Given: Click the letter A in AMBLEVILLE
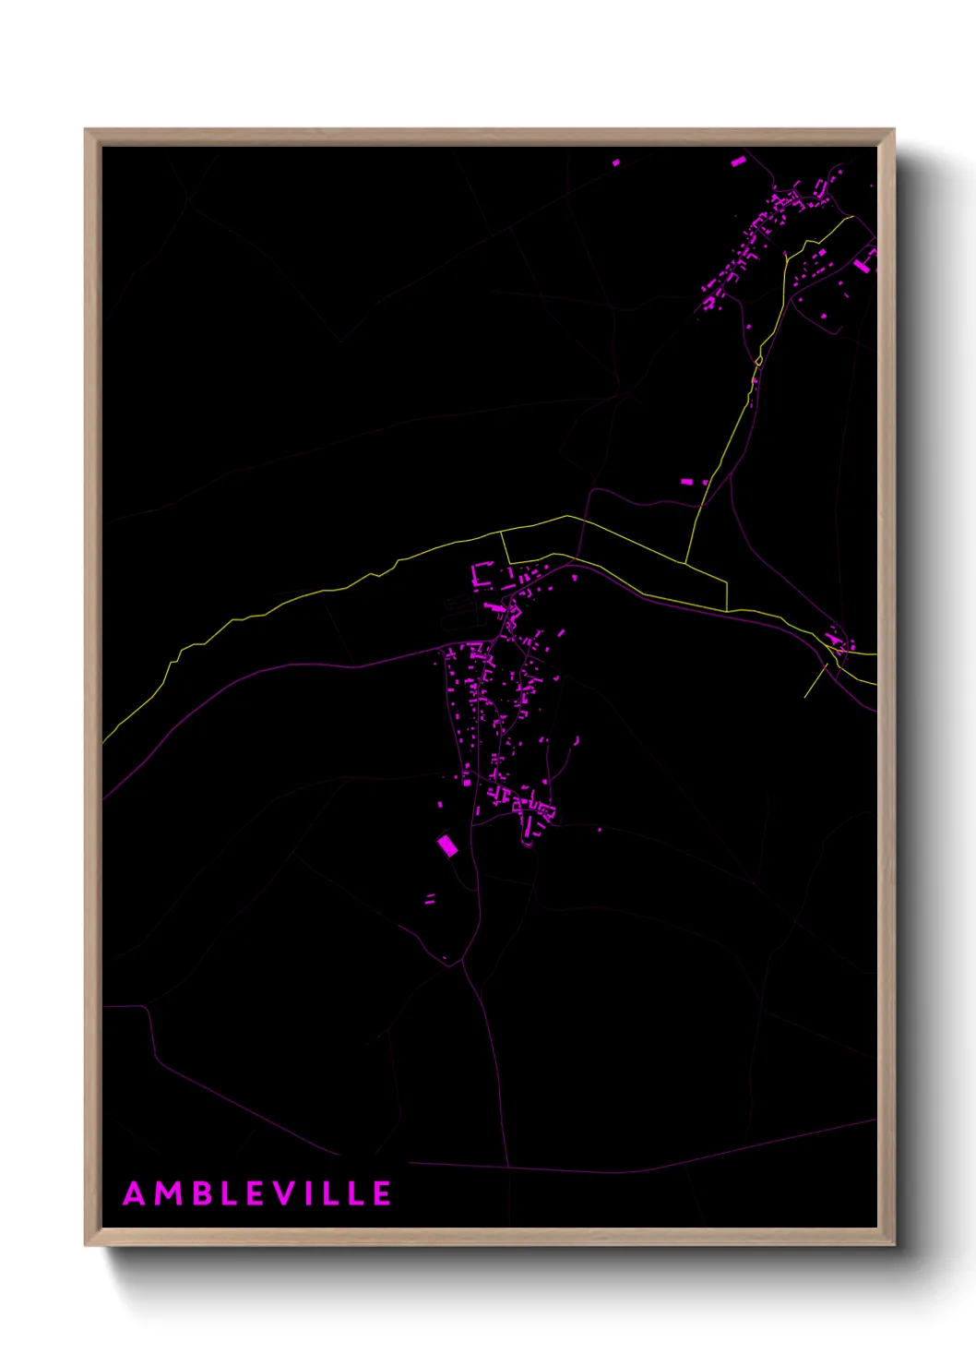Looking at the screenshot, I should [x=135, y=1194].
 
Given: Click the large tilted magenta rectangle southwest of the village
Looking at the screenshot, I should [x=447, y=845].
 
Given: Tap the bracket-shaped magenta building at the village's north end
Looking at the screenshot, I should [x=480, y=574].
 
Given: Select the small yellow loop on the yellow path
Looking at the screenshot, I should [x=759, y=360].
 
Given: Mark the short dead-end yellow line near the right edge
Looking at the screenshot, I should [x=815, y=682].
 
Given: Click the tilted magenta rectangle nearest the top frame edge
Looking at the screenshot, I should [x=738, y=162].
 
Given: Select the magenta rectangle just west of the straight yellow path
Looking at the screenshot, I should [x=686, y=482].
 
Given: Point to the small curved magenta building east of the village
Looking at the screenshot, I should [x=577, y=740].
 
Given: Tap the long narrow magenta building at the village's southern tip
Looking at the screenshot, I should [x=529, y=831].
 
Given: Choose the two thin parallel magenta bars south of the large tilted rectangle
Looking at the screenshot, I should [x=430, y=898].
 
